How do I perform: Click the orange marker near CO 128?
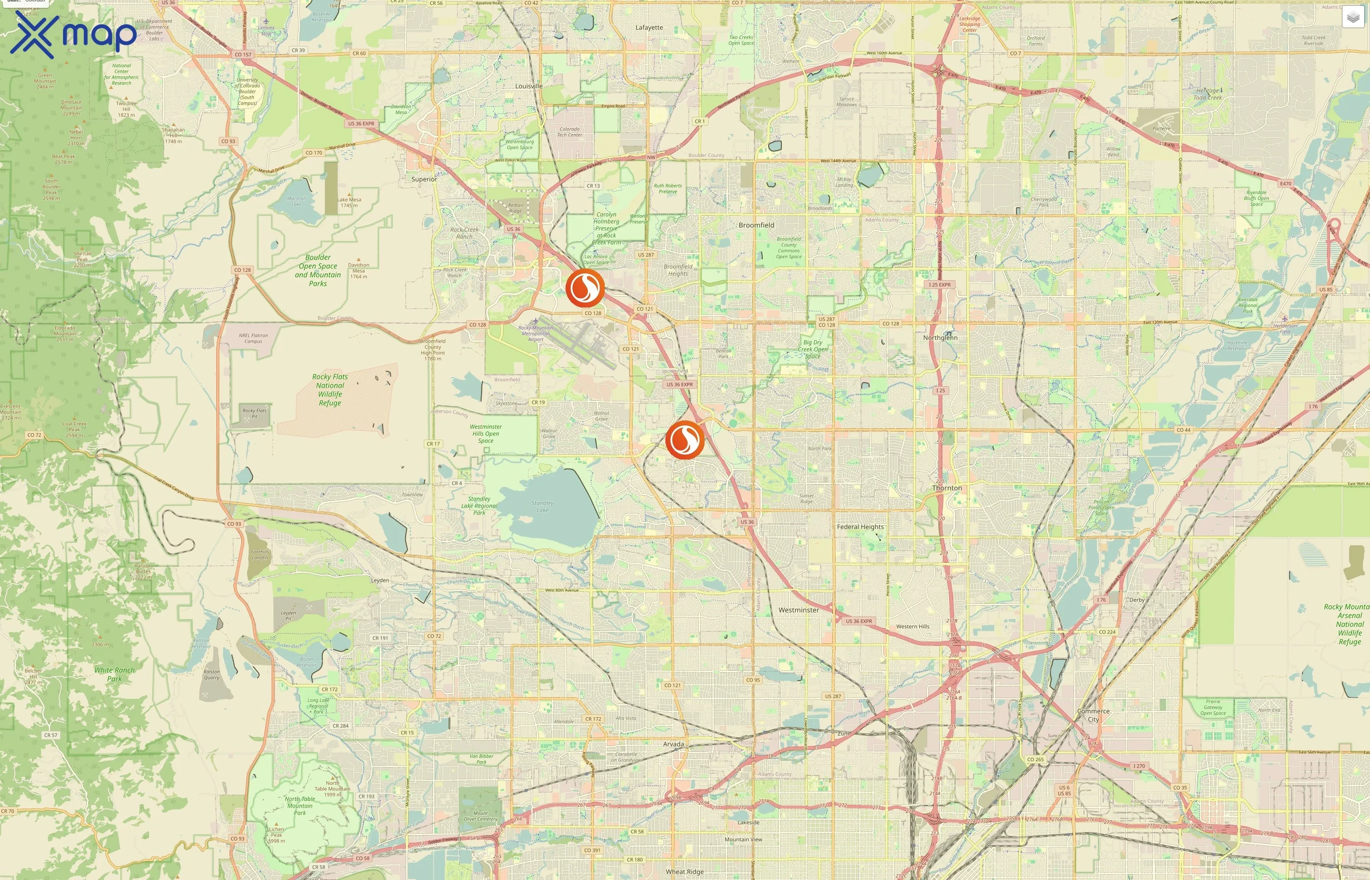point(585,288)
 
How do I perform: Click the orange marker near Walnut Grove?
point(685,440)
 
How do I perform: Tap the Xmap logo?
point(73,35)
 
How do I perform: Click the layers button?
point(1352,17)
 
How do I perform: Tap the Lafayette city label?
point(649,27)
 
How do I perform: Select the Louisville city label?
point(528,86)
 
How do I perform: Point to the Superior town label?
point(424,179)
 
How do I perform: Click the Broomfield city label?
point(756,225)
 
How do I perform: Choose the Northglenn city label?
point(940,338)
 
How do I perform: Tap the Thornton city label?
point(947,488)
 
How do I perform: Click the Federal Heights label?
point(860,527)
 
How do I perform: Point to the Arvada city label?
point(673,744)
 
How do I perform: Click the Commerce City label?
point(1093,715)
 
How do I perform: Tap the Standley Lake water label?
point(542,506)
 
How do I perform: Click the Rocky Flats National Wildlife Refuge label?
point(330,390)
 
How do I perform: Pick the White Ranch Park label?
point(114,674)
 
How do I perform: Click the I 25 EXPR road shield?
point(939,285)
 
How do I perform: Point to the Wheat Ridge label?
point(685,871)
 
